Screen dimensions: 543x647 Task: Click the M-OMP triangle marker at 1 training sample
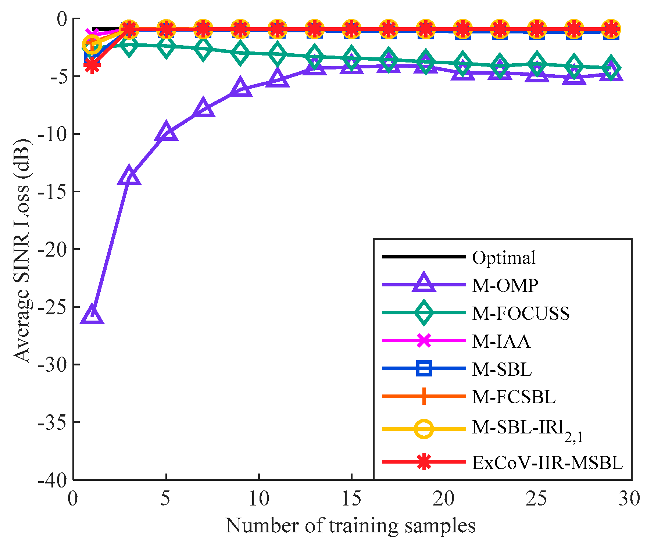[x=92, y=315]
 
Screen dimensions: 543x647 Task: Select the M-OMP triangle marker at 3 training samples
[x=129, y=176]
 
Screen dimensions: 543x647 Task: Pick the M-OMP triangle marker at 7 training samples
[x=203, y=108]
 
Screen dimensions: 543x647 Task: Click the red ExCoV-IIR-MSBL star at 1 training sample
[x=92, y=65]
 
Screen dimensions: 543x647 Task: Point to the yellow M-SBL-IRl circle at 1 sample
[x=92, y=44]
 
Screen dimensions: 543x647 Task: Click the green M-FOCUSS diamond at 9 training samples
[x=240, y=53]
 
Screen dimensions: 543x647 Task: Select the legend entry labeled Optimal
[x=503, y=258]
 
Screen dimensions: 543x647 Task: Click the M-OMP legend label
[x=505, y=285]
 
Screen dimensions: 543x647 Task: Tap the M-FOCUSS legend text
[x=521, y=313]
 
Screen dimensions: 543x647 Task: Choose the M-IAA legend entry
[x=501, y=341]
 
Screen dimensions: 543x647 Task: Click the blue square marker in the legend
[x=424, y=369]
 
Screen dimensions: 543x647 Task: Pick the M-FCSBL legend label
[x=514, y=397]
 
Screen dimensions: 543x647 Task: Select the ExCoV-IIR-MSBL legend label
[x=547, y=462]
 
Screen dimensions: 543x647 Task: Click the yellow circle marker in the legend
[x=424, y=429]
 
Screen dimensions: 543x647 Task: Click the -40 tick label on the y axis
[x=54, y=480]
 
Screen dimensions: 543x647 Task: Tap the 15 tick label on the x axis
[x=351, y=499]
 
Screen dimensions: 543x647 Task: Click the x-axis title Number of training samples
[x=351, y=526]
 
